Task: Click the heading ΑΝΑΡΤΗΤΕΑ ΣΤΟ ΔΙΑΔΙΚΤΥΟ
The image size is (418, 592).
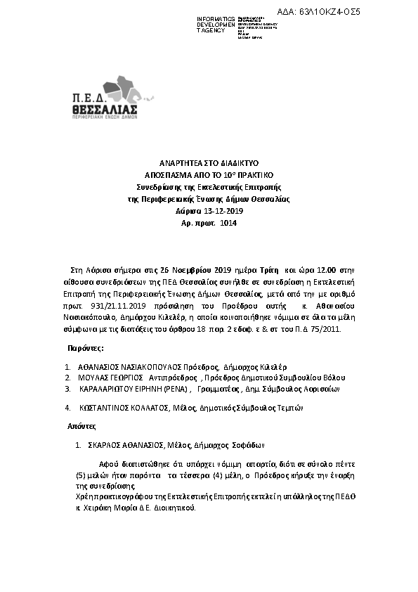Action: [x=208, y=162]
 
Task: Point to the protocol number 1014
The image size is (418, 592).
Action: [x=228, y=223]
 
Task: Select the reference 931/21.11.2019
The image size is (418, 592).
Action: [x=101, y=307]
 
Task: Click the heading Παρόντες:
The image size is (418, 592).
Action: [x=86, y=348]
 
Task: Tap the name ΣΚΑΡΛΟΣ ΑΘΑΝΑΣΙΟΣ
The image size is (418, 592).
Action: [x=120, y=445]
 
